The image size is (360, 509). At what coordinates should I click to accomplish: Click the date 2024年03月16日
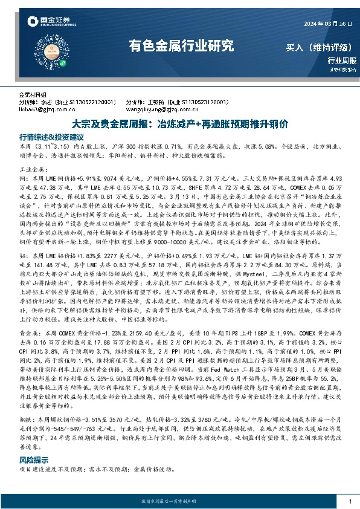327,24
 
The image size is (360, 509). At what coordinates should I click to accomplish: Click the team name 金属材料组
33,96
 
